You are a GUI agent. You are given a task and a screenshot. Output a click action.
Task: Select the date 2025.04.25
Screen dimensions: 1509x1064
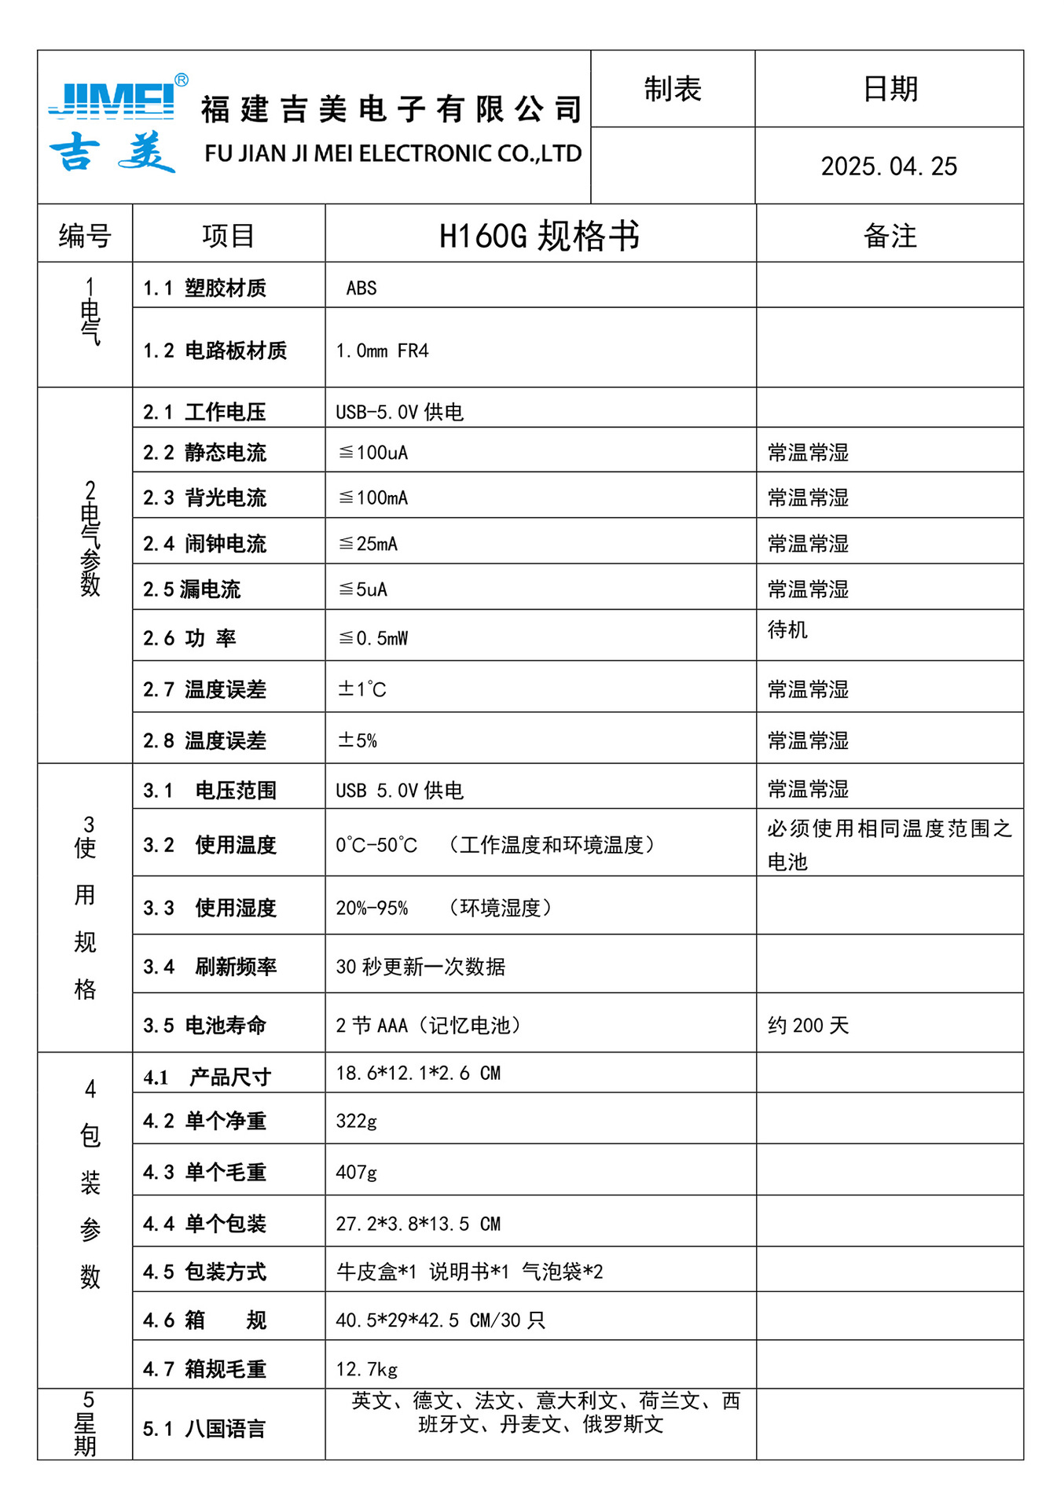[x=889, y=167]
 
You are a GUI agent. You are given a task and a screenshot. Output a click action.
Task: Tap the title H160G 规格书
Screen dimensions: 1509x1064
[x=539, y=236]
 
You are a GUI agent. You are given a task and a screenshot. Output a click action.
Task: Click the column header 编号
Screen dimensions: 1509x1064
[x=85, y=235]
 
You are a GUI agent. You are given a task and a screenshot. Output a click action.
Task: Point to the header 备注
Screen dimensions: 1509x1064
[x=890, y=236]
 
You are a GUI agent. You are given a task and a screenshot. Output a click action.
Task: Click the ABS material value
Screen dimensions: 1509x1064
[x=361, y=288]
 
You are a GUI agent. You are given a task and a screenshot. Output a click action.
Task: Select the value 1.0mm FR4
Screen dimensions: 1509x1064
[x=382, y=351]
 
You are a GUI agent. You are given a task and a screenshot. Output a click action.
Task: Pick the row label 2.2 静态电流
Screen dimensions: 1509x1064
[x=204, y=453]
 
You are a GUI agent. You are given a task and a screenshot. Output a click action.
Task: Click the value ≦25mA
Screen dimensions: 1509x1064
[x=368, y=544]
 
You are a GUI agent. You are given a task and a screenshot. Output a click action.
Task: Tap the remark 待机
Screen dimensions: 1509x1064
[x=787, y=630]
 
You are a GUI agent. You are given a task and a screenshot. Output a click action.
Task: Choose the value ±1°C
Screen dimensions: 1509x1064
[x=361, y=689]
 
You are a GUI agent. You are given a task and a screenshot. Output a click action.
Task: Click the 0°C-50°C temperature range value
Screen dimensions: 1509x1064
[x=376, y=845]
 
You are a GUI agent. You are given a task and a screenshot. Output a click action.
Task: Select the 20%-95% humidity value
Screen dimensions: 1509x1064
[x=372, y=909]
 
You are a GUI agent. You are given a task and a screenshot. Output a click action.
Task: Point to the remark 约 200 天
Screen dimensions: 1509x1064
[x=808, y=1026]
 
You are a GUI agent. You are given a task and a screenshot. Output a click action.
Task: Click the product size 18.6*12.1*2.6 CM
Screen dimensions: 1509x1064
[x=418, y=1074]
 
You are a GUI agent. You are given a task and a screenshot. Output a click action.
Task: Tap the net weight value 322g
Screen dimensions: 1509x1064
[x=356, y=1121]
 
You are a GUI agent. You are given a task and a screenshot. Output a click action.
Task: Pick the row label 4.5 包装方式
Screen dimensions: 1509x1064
[x=204, y=1272]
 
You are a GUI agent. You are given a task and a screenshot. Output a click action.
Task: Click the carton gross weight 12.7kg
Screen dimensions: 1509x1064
[x=366, y=1369]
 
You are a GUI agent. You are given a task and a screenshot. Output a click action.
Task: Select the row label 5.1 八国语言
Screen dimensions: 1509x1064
[x=204, y=1429]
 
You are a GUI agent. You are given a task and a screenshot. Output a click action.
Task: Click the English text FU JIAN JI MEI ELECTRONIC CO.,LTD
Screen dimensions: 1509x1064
[x=393, y=153]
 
